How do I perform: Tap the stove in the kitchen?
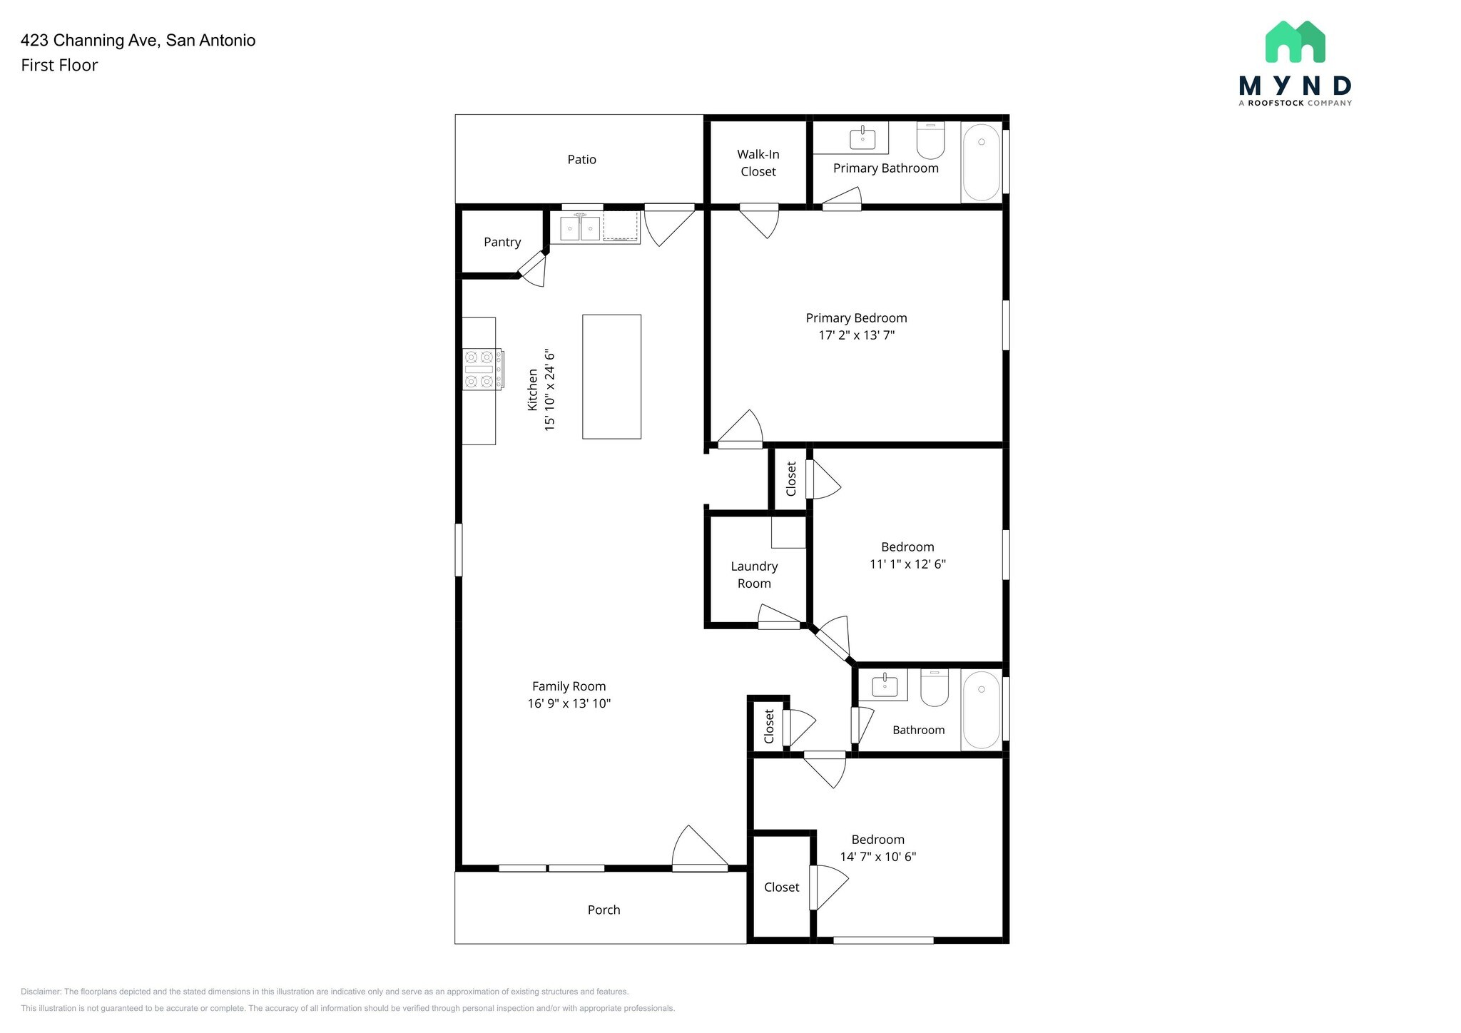(482, 370)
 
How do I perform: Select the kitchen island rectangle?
(611, 377)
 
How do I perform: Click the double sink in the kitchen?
(580, 228)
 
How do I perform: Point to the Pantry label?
(502, 243)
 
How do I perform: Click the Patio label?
(581, 160)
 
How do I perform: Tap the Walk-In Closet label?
(758, 163)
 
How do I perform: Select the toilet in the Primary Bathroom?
(930, 141)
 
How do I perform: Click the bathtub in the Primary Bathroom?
(982, 162)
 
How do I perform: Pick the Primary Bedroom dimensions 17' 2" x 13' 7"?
(856, 335)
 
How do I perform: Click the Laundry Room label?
(754, 575)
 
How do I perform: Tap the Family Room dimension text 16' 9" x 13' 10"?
(569, 704)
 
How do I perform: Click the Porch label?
(604, 910)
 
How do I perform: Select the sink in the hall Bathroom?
(885, 686)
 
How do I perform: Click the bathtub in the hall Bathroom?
(982, 710)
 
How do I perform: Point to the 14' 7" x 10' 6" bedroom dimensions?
(877, 857)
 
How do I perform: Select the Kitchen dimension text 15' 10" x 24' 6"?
(549, 390)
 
